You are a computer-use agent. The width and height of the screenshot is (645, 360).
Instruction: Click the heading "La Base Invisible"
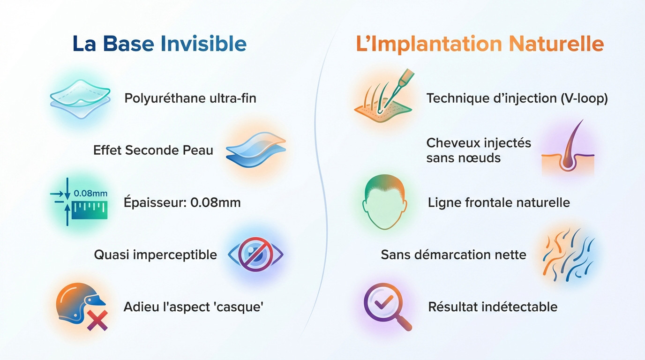coord(159,44)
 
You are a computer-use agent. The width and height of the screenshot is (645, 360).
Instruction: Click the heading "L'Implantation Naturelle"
coord(480,44)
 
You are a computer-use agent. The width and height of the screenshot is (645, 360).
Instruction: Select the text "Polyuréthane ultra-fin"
coord(190,98)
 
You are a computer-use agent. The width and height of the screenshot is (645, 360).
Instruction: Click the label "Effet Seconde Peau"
coord(153,150)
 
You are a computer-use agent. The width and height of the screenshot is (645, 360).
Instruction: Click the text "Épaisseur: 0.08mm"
coord(182,202)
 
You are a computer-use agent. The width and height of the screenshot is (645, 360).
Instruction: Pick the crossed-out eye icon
coord(255,255)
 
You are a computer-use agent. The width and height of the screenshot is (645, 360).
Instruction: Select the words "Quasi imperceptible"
coord(155,255)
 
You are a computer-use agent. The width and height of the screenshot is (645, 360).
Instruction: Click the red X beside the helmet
coord(97,320)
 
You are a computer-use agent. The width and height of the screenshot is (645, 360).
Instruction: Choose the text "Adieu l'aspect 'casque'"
coord(193,307)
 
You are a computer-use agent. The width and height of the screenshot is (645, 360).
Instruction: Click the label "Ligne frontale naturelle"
coord(499,202)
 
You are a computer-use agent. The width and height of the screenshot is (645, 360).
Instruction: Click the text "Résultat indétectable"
coord(493,307)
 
